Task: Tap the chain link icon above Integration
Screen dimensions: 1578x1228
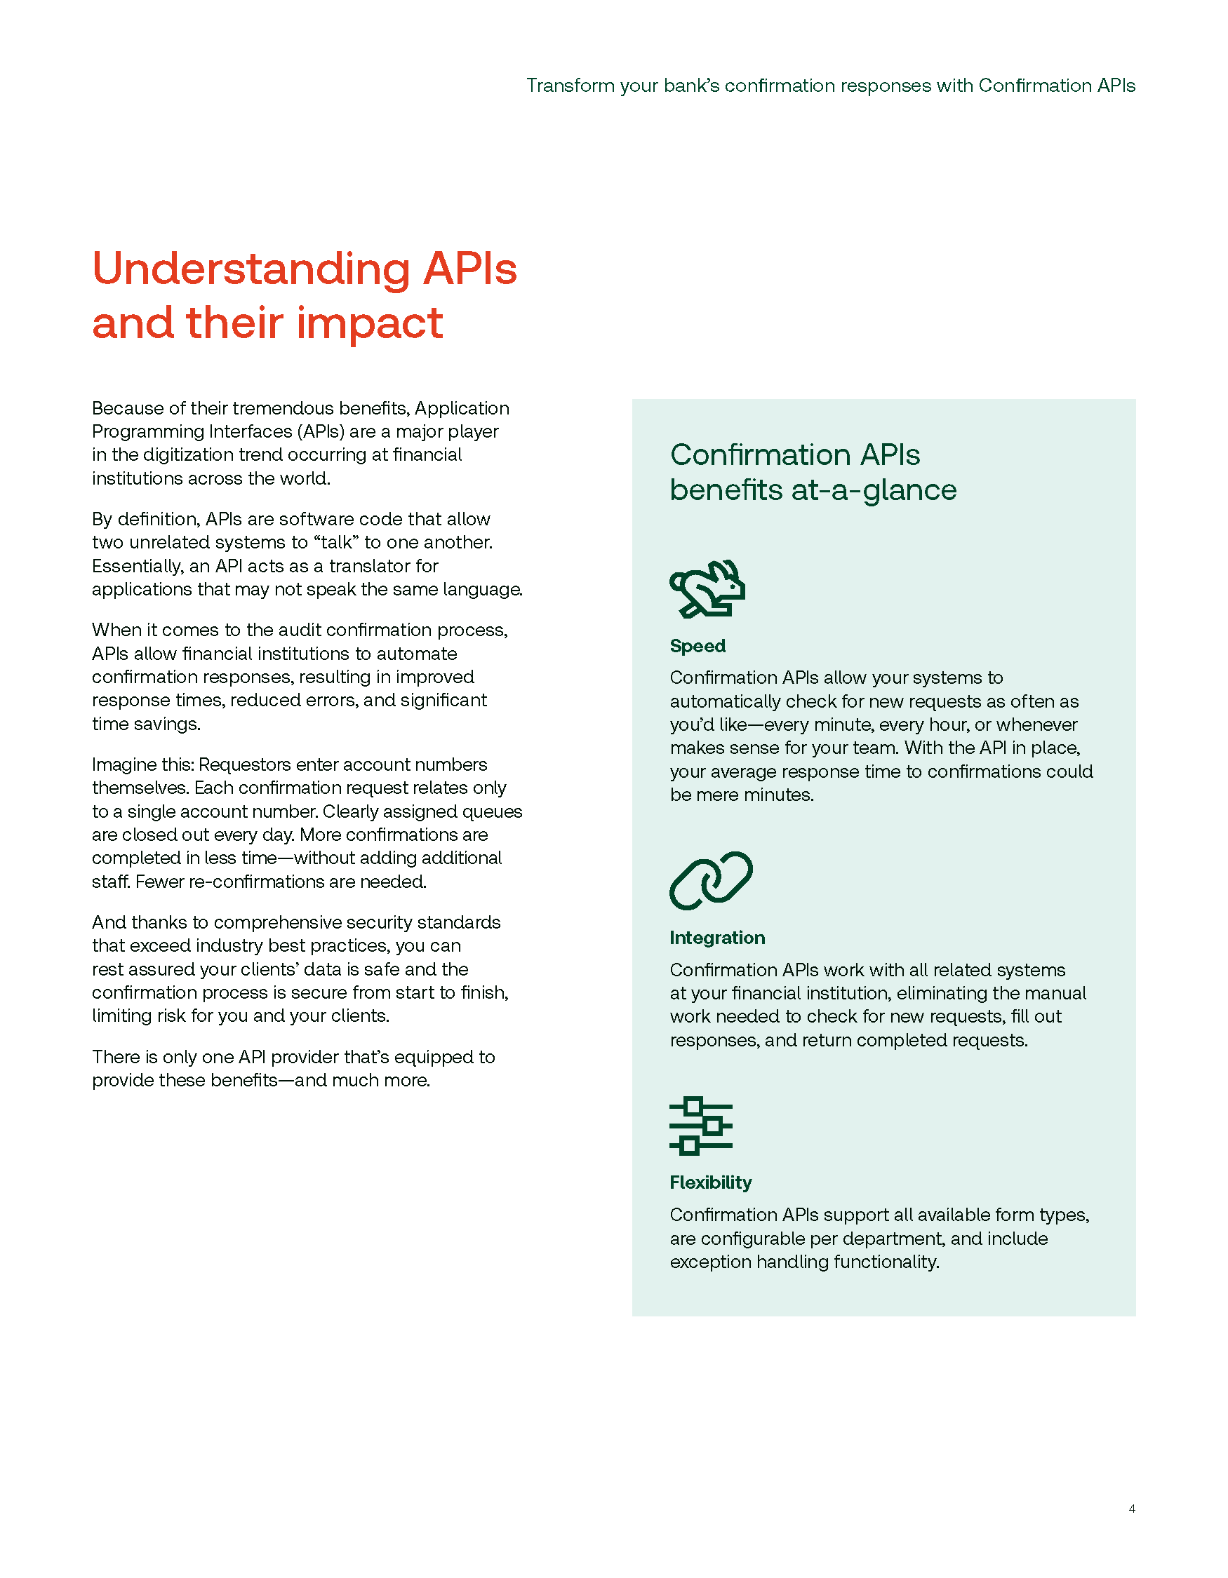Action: click(711, 880)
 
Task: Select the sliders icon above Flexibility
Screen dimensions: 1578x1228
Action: click(700, 1125)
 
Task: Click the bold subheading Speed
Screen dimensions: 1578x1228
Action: click(698, 646)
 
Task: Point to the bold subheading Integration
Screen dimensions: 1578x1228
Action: click(717, 937)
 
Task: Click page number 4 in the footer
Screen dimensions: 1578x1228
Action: click(1131, 1509)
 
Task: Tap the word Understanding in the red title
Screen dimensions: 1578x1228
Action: click(251, 269)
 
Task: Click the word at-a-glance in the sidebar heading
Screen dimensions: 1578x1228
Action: click(874, 491)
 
